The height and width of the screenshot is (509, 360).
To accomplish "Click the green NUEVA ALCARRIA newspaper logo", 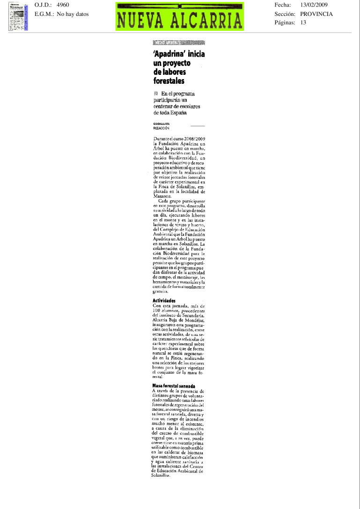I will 180,16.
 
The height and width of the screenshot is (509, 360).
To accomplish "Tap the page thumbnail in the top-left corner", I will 18,16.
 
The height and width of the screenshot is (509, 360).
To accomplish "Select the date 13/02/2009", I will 314,5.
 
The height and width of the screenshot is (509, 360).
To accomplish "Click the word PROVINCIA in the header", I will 317,14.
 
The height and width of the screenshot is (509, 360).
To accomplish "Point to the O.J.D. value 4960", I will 62,5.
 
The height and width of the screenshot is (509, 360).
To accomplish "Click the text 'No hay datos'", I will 73,14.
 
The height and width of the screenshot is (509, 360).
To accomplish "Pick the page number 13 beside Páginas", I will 303,22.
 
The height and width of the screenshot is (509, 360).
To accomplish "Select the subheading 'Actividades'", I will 164,300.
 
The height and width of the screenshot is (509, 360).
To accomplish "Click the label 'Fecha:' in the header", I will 282,5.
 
